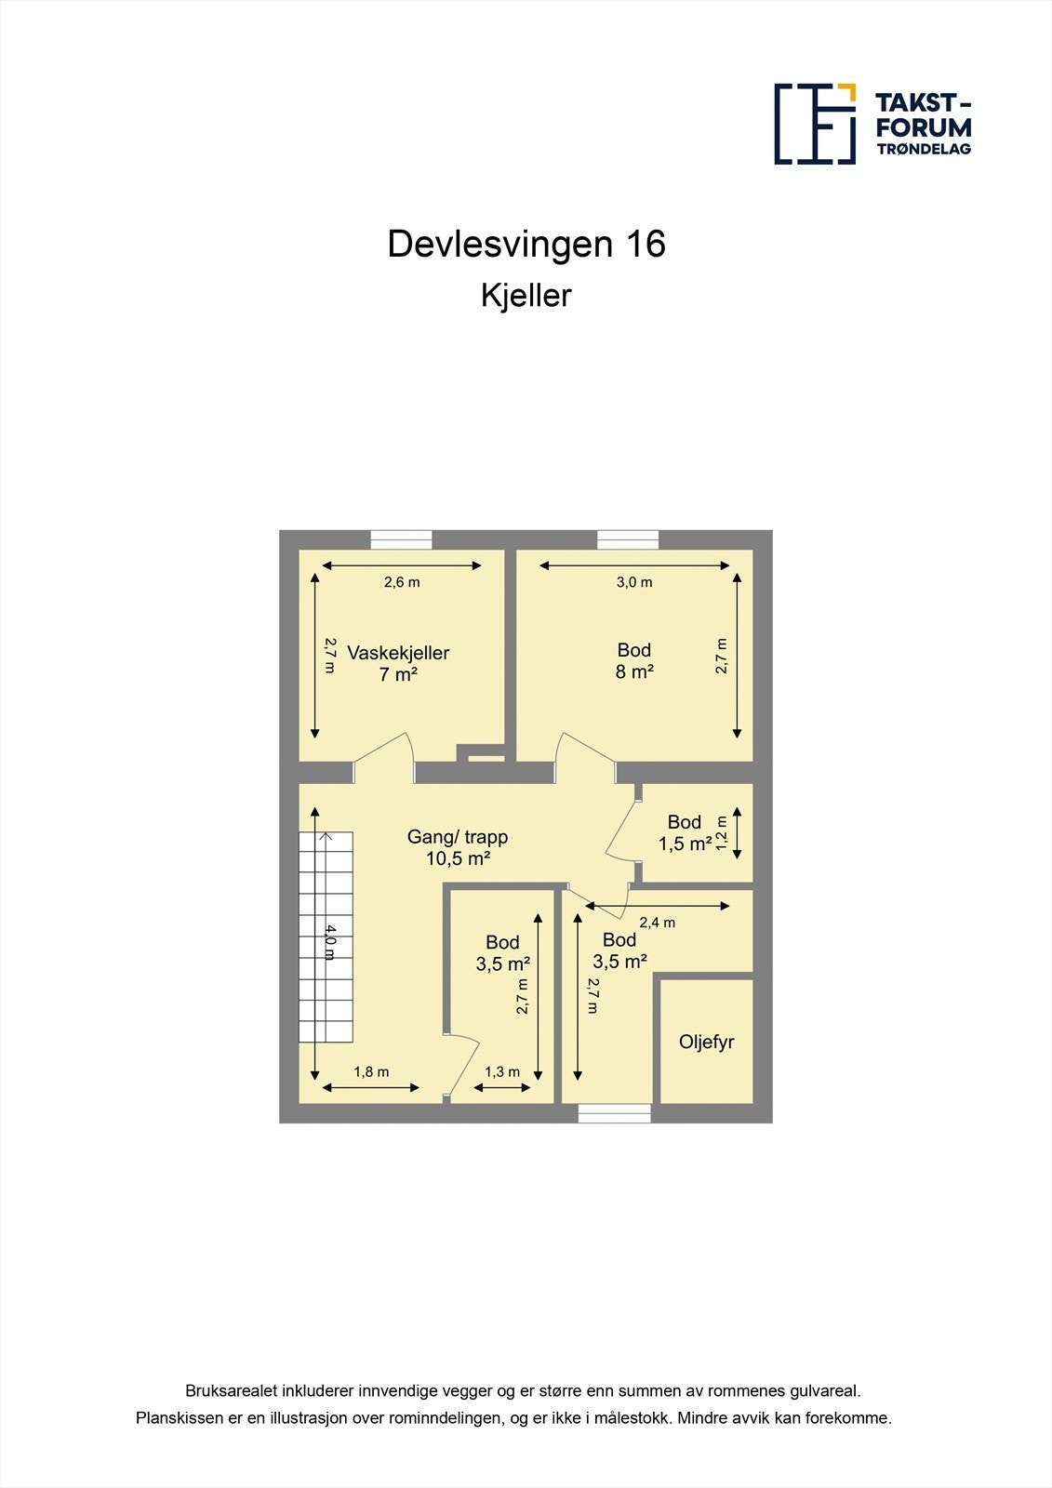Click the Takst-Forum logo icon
pos(815,124)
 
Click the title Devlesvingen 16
pos(526,245)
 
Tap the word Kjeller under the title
pos(526,296)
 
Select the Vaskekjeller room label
pos(398,663)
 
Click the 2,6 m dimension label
pos(402,583)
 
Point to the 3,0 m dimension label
pos(634,583)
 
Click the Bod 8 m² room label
pos(634,660)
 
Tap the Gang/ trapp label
pos(458,847)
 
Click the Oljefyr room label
pos(706,1043)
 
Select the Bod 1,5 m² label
pos(686,832)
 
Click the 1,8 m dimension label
pos(371,1072)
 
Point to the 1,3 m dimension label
pos(502,1072)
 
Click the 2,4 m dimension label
pos(657,923)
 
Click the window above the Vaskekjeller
pos(401,539)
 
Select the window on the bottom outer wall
pos(614,1113)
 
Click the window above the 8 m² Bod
pos(628,539)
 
